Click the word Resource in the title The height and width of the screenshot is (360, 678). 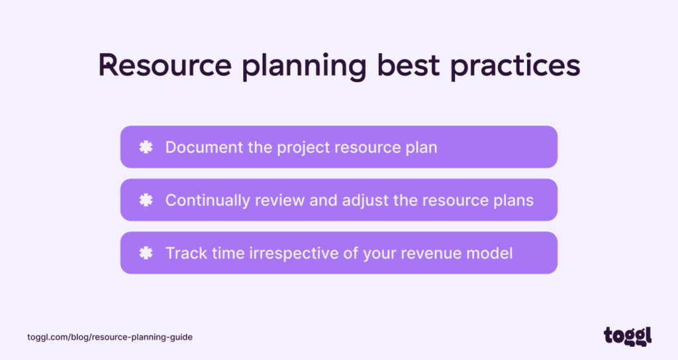click(x=165, y=66)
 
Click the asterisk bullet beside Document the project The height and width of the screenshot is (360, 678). click(x=146, y=147)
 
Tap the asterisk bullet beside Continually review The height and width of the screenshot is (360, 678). click(x=146, y=200)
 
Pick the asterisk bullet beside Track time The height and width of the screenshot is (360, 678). click(x=146, y=253)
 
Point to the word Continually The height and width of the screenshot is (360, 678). click(x=207, y=200)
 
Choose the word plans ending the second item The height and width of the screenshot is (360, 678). click(x=512, y=201)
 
